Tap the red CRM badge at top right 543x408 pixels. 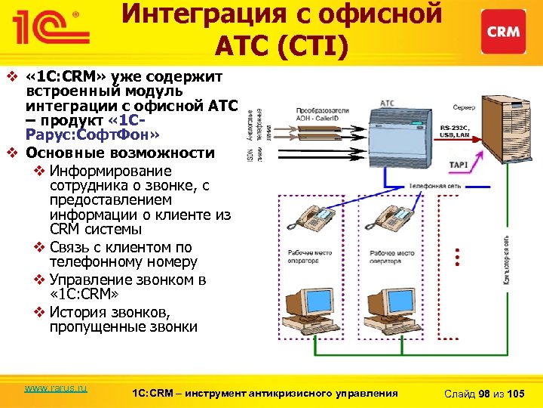[503, 32]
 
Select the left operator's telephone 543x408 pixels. [316, 218]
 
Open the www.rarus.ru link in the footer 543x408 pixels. [56, 388]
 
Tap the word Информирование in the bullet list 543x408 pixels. [110, 172]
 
